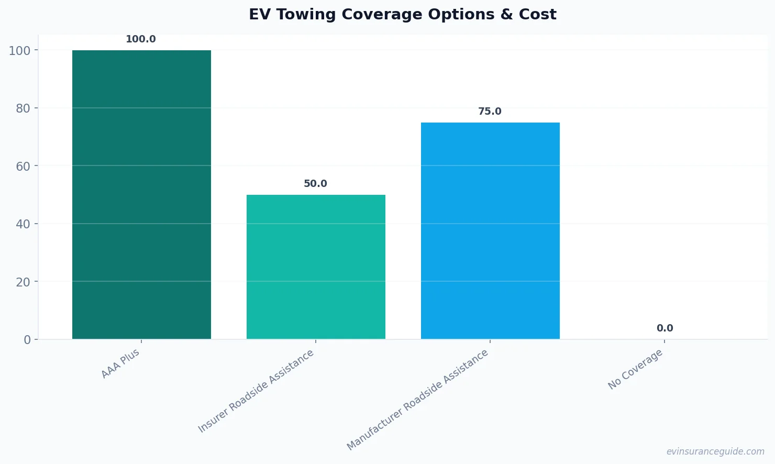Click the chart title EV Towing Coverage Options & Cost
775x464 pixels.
[402, 14]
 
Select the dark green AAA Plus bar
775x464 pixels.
[141, 194]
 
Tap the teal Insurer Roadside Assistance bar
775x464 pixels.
[316, 267]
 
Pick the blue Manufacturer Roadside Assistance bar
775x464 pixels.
[490, 230]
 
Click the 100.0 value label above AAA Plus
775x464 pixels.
[141, 39]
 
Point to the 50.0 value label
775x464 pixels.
[315, 184]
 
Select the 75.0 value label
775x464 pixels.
[490, 112]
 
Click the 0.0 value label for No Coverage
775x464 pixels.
[665, 328]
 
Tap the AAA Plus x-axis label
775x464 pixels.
[120, 363]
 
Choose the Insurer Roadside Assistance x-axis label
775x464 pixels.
[256, 391]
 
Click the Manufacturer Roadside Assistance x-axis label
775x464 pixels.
[418, 400]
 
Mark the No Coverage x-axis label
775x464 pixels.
[635, 369]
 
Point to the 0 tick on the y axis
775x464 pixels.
[27, 340]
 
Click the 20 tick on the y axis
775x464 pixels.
[24, 282]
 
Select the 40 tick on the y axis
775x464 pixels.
[24, 224]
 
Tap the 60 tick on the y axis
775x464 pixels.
[24, 166]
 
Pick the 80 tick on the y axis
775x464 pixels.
[24, 108]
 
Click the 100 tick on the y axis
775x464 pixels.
[20, 50]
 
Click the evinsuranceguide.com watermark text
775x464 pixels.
[715, 451]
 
